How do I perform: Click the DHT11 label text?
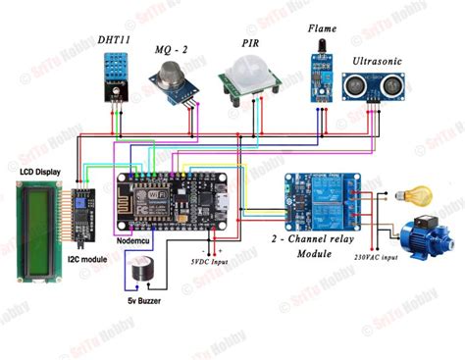pos(114,39)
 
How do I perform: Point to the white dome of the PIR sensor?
pos(242,75)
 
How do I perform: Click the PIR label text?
pos(251,44)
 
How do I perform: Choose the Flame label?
pos(321,30)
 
